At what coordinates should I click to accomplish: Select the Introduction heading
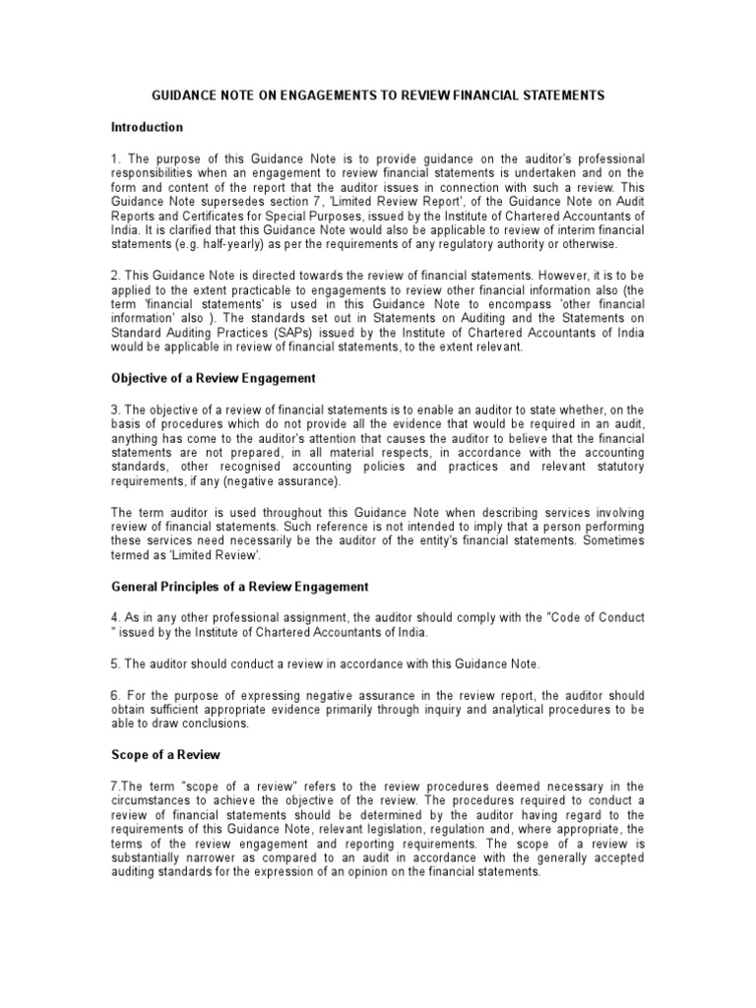[147, 127]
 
